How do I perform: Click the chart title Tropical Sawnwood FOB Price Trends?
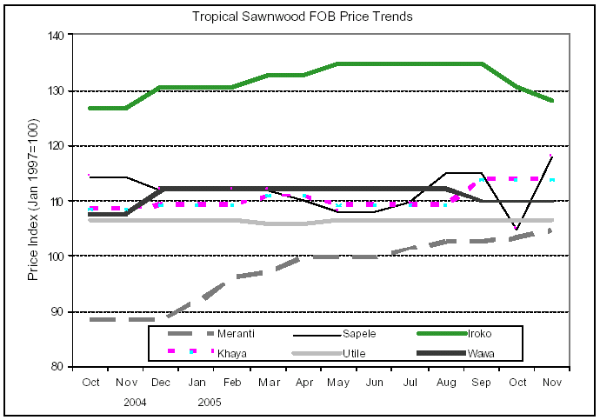coord(302,17)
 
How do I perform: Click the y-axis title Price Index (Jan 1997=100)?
coord(34,201)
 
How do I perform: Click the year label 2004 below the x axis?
coord(135,403)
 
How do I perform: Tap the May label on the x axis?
coord(338,383)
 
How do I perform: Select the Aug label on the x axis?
coord(445,383)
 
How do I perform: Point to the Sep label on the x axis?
coord(481,383)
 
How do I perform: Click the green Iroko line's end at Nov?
coord(552,101)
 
